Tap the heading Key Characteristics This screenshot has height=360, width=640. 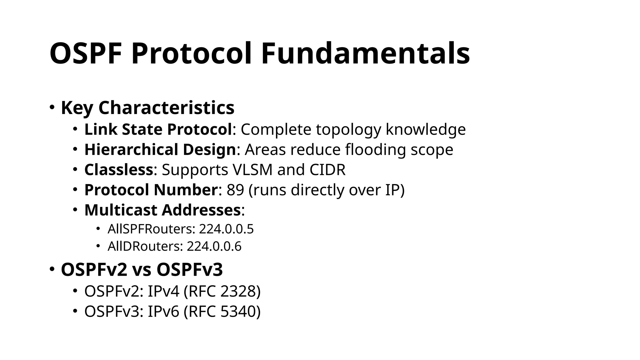coord(147,108)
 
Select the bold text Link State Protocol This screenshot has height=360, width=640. coord(158,129)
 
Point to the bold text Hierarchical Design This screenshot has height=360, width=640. coord(160,149)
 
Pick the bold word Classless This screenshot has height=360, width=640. coord(119,170)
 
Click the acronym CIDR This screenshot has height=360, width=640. coord(327,170)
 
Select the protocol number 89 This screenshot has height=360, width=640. coord(235,190)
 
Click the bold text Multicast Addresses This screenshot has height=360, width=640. coord(162,210)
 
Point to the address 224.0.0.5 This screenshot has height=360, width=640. coord(226,229)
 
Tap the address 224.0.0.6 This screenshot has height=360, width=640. coord(214,246)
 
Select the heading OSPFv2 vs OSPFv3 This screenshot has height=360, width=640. coord(142,269)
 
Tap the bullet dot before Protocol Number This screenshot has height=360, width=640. coord(75,189)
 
